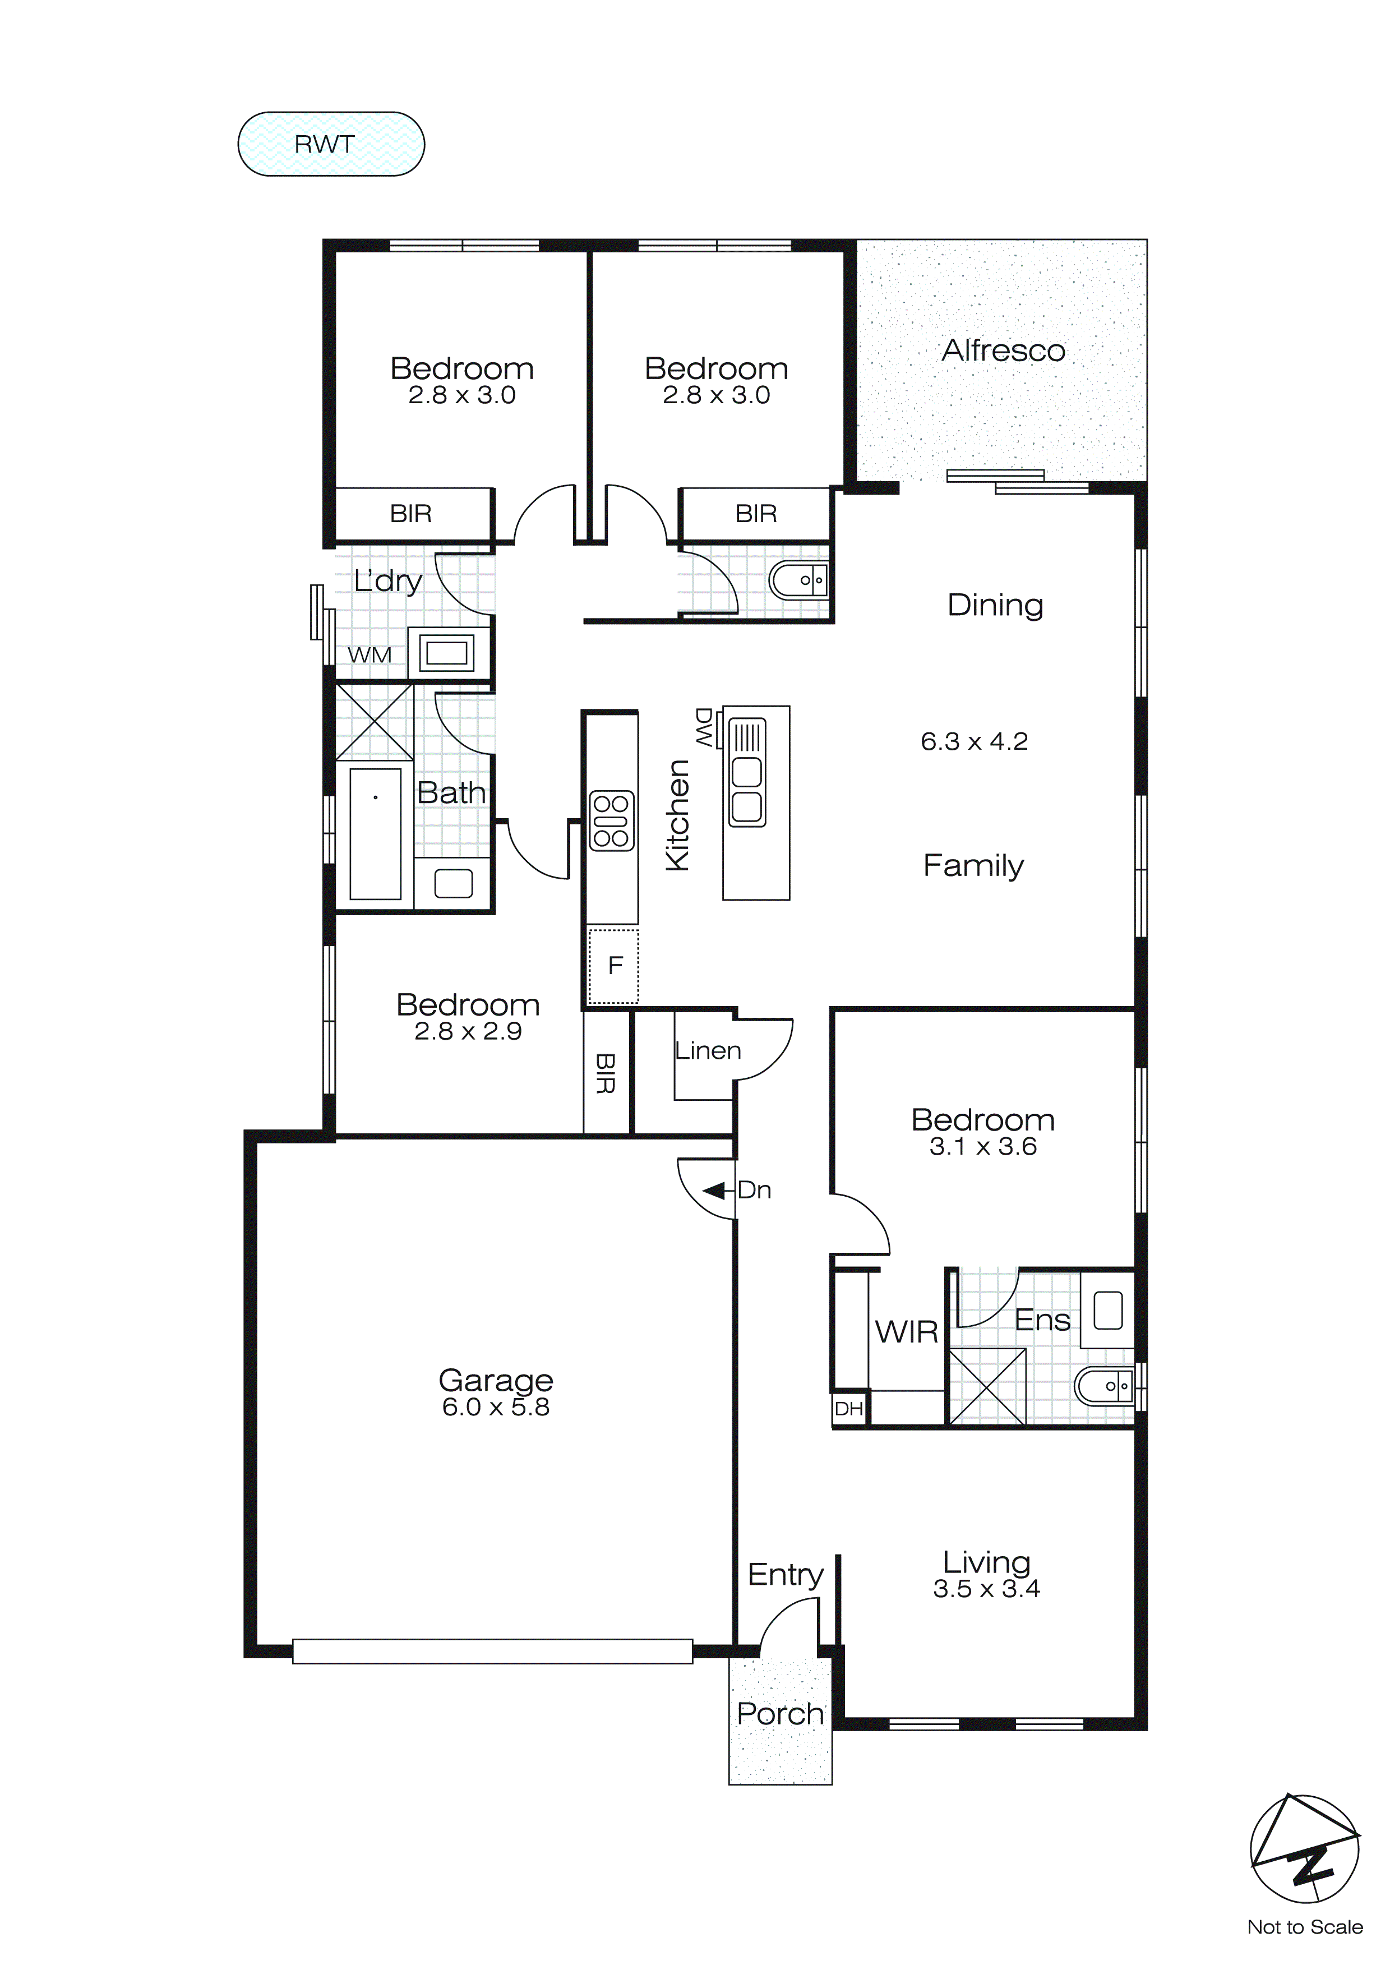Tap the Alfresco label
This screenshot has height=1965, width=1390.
(x=1003, y=351)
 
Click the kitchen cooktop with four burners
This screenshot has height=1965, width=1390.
(x=611, y=821)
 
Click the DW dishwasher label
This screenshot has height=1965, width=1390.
(x=704, y=727)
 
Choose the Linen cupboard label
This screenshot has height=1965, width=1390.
(x=707, y=1051)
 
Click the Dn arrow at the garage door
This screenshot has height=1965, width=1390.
(x=715, y=1191)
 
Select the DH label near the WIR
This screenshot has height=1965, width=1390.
(x=848, y=1409)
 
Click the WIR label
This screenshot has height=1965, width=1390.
(x=906, y=1332)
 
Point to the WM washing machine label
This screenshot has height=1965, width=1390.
(x=369, y=656)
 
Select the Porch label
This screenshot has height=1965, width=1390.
(x=779, y=1714)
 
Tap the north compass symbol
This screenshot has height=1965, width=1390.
(x=1304, y=1848)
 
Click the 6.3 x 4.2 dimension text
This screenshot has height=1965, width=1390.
(x=973, y=741)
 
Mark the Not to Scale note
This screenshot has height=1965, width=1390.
(x=1304, y=1927)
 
